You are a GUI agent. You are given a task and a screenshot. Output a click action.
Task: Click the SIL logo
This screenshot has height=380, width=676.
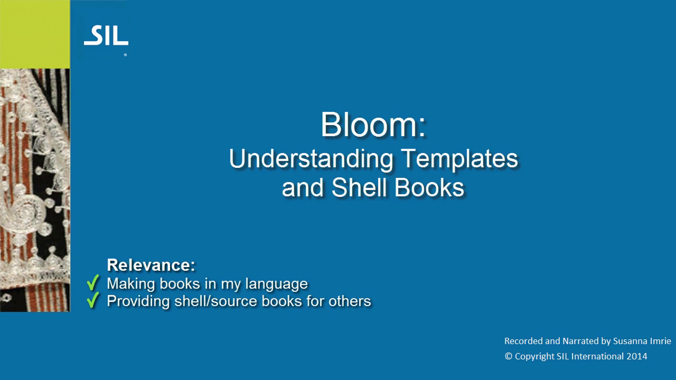click(106, 35)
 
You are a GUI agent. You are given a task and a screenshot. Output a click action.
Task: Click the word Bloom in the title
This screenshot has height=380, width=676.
click(369, 125)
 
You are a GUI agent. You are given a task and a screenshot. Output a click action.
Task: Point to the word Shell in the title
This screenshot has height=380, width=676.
click(359, 187)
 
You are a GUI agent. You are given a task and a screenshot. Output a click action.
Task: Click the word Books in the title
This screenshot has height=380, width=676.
click(429, 187)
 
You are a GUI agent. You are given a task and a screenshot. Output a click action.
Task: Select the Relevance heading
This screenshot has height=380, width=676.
click(151, 265)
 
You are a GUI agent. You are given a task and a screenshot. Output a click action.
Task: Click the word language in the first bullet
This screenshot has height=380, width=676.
click(276, 284)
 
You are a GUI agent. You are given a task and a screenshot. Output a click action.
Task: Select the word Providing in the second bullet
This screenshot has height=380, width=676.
click(138, 301)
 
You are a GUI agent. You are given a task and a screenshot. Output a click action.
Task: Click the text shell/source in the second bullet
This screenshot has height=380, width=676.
click(216, 301)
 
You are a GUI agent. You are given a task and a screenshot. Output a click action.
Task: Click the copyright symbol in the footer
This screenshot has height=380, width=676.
click(508, 356)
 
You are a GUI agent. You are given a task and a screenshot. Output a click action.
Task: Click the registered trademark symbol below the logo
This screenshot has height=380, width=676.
click(125, 55)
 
